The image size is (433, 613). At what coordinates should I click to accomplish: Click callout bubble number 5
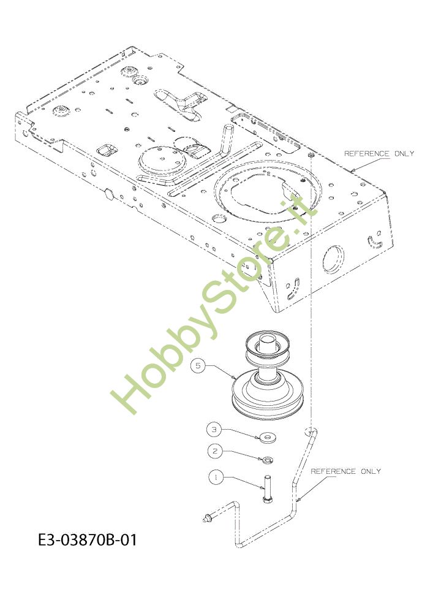(197, 366)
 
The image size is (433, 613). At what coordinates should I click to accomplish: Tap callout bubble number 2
(214, 451)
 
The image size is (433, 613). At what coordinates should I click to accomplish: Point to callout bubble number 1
(214, 475)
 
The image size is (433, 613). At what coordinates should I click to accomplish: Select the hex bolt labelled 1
(268, 490)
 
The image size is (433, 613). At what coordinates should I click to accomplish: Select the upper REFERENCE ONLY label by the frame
(379, 153)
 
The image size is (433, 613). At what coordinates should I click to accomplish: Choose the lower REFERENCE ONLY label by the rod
(345, 471)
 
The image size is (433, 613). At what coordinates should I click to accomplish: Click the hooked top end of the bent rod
(311, 431)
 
